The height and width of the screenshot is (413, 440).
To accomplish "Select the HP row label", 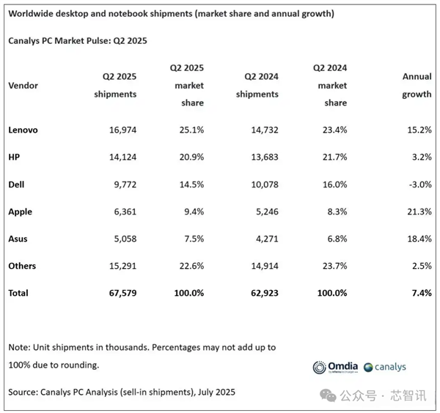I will click(15, 157).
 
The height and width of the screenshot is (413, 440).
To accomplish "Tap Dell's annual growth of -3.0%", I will click(416, 185).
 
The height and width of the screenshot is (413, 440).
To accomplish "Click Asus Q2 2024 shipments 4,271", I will click(263, 239).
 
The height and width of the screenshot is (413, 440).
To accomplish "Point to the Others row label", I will click(22, 266).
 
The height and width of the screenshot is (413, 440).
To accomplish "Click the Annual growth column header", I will click(417, 85).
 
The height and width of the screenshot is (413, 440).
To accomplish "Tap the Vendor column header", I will click(23, 86).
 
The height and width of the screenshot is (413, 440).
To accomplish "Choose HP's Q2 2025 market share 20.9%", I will click(190, 157).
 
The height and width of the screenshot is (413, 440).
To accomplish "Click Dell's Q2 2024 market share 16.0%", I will click(332, 185).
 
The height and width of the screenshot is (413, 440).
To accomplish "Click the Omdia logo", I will click(337, 367).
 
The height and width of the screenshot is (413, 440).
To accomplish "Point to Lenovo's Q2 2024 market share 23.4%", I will click(332, 130).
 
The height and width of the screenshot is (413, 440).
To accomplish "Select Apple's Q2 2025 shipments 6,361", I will click(122, 212).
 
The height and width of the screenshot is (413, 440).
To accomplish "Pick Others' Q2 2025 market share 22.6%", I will click(190, 266).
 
